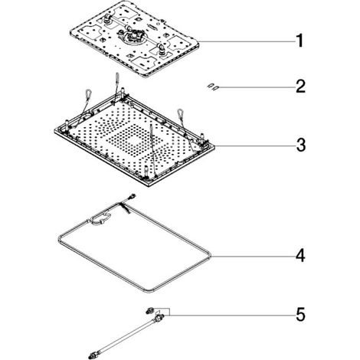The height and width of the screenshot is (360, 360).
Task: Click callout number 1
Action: click(x=299, y=41)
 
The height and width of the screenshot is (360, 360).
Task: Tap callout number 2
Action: click(x=300, y=87)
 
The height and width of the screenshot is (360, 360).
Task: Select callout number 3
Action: click(x=301, y=145)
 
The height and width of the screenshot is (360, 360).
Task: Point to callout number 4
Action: click(x=301, y=255)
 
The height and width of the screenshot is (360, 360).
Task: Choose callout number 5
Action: click(x=301, y=315)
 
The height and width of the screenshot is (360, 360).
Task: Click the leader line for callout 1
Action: click(x=247, y=41)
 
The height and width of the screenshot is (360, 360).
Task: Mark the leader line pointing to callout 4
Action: click(x=253, y=256)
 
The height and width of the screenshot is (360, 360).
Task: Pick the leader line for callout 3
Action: click(x=255, y=146)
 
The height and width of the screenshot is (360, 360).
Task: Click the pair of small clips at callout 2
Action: click(x=213, y=87)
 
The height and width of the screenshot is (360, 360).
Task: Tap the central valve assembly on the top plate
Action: click(x=133, y=35)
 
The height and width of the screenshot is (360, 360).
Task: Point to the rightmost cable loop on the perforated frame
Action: click(x=180, y=112)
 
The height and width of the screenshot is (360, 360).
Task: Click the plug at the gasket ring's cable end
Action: click(x=133, y=197)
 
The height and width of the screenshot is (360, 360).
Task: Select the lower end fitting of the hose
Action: click(x=93, y=355)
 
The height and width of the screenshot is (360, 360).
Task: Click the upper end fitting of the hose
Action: click(x=159, y=318)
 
